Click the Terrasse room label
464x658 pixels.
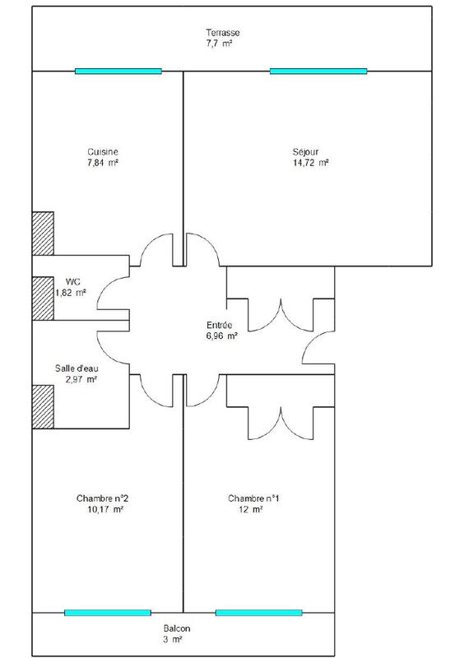point(223,32)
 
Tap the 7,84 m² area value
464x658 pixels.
point(104,163)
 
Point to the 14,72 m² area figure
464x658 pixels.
point(309,163)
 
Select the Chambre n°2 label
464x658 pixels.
point(102,498)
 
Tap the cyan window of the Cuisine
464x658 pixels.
point(118,72)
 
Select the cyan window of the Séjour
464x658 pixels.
point(318,72)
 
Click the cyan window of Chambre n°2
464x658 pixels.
point(108,613)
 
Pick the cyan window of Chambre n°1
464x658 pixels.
point(259,613)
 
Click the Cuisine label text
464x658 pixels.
point(104,151)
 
